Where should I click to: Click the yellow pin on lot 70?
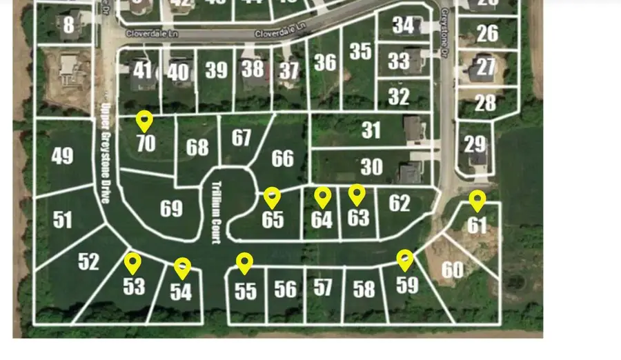[144, 120]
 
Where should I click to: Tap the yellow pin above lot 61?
[477, 201]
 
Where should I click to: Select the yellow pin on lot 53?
[132, 262]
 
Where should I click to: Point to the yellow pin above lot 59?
[405, 259]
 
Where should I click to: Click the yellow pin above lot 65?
[273, 197]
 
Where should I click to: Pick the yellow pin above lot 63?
[356, 194]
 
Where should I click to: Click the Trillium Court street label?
[215, 212]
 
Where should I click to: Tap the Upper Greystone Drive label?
[106, 152]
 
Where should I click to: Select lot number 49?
[63, 156]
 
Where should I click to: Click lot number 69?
[171, 208]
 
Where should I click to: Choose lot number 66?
[282, 159]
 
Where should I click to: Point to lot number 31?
[371, 130]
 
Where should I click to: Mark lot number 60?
[452, 270]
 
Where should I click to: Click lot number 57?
[323, 287]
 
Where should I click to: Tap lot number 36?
[324, 63]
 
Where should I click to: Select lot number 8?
[68, 26]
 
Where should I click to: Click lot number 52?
[88, 261]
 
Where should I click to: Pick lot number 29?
[475, 144]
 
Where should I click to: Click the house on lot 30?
[410, 172]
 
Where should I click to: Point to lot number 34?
[404, 26]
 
